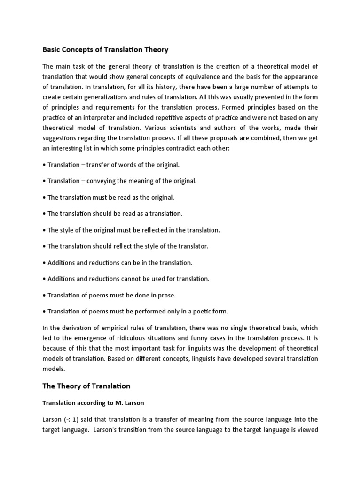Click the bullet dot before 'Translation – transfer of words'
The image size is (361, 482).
point(44,164)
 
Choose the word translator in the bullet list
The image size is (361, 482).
point(192,246)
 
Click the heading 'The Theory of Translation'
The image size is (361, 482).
point(86,386)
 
